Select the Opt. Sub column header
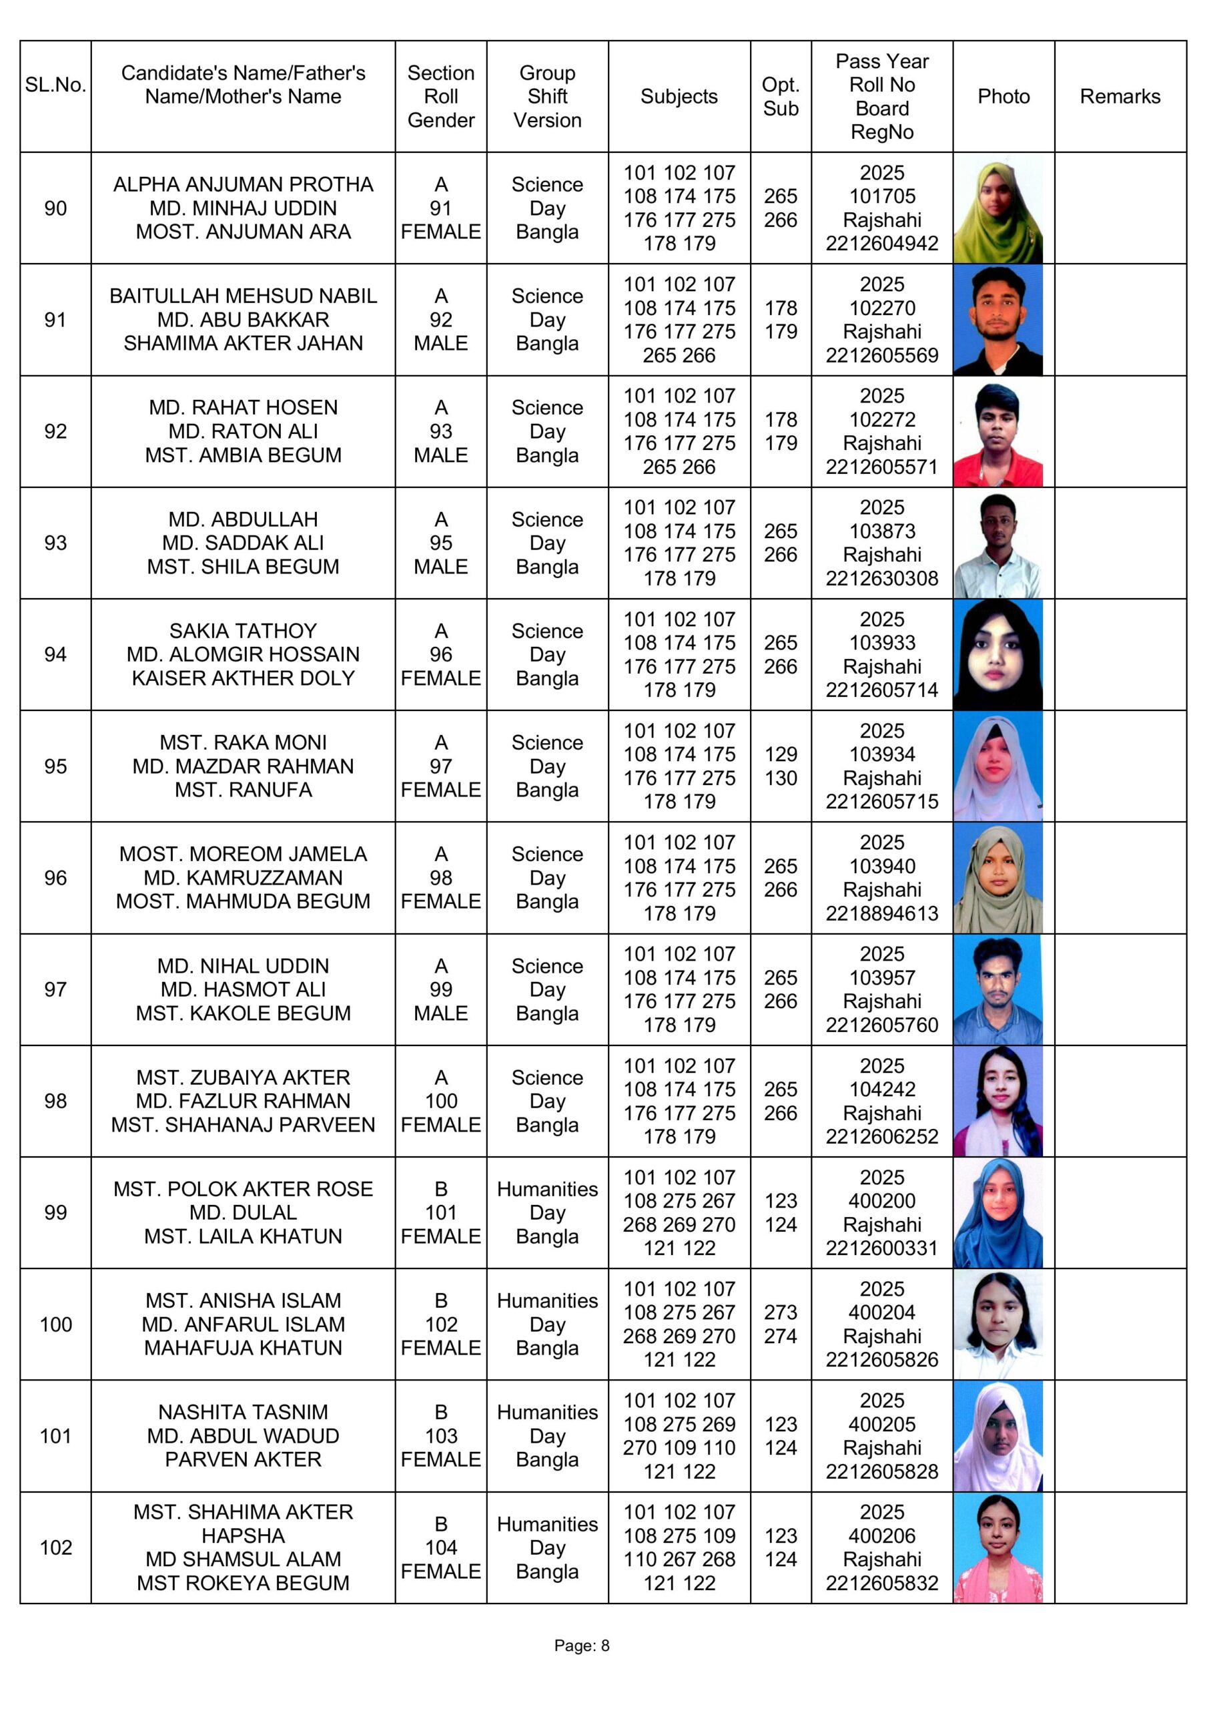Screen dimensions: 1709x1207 point(780,97)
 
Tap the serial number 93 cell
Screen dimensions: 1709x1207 point(56,543)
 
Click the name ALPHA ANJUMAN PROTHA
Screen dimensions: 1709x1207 point(244,185)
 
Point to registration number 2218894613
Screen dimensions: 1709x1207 point(882,913)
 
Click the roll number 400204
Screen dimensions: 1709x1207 point(882,1312)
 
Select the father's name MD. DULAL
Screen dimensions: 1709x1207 point(244,1212)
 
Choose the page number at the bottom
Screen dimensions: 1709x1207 point(582,1646)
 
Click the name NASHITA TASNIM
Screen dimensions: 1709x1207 point(244,1412)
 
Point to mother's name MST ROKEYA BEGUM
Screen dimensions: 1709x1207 point(244,1583)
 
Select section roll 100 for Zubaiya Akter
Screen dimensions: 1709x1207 point(440,1101)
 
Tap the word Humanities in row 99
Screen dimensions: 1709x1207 point(547,1189)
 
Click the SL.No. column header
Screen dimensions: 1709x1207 point(56,85)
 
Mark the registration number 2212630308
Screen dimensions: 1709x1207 point(882,578)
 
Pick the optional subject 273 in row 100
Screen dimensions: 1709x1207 point(781,1312)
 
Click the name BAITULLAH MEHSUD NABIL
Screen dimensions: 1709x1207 point(244,296)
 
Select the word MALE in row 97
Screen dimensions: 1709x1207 point(440,1013)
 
